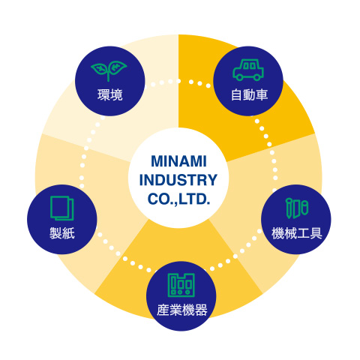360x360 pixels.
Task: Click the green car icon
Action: click(x=248, y=70)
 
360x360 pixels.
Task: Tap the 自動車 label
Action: click(x=249, y=95)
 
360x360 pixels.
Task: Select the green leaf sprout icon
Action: click(x=109, y=71)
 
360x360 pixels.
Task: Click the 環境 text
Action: click(x=110, y=95)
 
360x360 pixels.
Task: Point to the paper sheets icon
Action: click(x=62, y=208)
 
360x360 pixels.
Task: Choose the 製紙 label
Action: click(x=62, y=233)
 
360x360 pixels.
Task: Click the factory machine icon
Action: click(x=181, y=285)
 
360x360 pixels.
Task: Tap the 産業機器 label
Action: click(x=182, y=310)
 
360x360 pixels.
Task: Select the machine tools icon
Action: click(x=297, y=208)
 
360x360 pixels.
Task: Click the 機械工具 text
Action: click(x=297, y=233)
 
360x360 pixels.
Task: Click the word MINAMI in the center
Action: click(x=178, y=161)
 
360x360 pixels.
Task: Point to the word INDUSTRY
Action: click(x=178, y=180)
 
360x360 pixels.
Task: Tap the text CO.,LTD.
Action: click(x=178, y=199)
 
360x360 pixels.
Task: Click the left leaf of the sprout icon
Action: click(x=100, y=68)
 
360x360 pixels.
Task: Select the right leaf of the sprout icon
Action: click(x=118, y=67)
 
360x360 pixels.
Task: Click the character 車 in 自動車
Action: click(x=262, y=95)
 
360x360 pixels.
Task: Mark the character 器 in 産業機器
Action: click(x=201, y=310)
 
